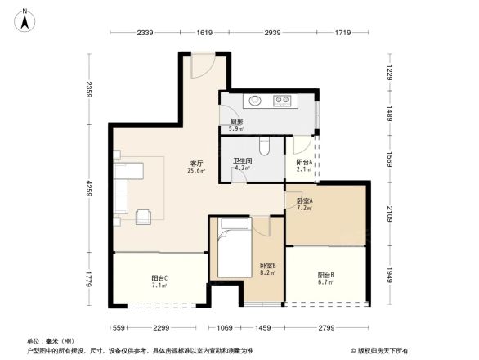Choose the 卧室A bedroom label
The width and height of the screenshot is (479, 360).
coord(304,205)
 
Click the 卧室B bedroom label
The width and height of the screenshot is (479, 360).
coord(267,268)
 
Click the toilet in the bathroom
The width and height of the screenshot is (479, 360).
coord(263,146)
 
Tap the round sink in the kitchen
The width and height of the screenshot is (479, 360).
coord(255,101)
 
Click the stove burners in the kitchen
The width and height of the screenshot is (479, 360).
coord(283,101)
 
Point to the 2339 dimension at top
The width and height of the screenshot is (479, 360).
coord(145,32)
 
